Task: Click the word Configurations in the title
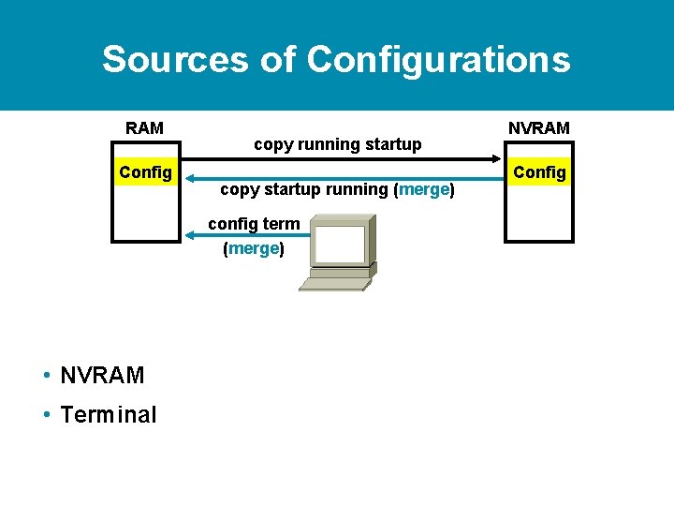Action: pos(438,59)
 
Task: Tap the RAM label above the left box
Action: pos(145,127)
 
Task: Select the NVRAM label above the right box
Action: pos(538,127)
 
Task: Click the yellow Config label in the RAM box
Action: pos(145,171)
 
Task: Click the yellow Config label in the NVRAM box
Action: pos(539,171)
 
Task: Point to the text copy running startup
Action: pos(337,144)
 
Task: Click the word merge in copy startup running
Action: pos(424,189)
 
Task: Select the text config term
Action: pos(254,223)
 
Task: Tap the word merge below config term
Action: pos(254,248)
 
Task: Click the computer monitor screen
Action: pos(339,244)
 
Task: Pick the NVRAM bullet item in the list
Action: pos(101,376)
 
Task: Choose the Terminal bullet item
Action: pos(108,414)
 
